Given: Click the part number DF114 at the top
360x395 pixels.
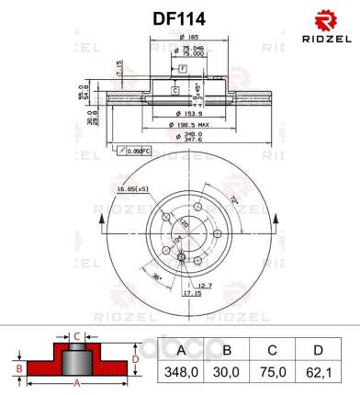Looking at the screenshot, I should tap(179, 17).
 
